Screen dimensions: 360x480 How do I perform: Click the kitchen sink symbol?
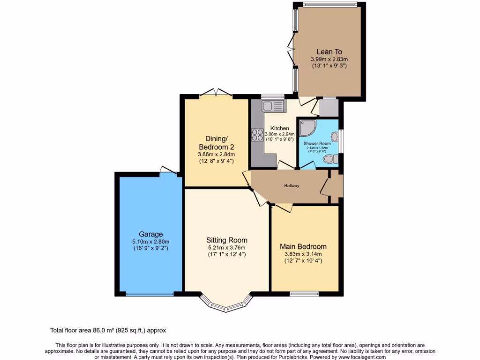click(x=270, y=106)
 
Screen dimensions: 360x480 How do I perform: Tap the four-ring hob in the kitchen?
click(x=257, y=135)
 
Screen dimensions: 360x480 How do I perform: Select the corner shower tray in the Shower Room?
click(x=307, y=128)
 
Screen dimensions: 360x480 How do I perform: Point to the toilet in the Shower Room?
click(x=331, y=159)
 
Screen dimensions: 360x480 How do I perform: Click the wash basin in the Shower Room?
click(x=334, y=136)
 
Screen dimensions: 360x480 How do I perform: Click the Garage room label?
click(x=150, y=234)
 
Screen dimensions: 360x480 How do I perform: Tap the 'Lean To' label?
click(x=329, y=52)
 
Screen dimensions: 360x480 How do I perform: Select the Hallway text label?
click(x=291, y=186)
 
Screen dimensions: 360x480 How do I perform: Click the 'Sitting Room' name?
click(x=227, y=240)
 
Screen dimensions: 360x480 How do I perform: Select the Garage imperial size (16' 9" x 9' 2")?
click(x=150, y=248)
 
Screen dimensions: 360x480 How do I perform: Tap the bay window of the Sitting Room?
click(x=227, y=305)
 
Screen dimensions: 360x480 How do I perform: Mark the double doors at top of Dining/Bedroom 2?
click(x=216, y=94)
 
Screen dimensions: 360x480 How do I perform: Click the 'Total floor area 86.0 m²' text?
click(x=108, y=330)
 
